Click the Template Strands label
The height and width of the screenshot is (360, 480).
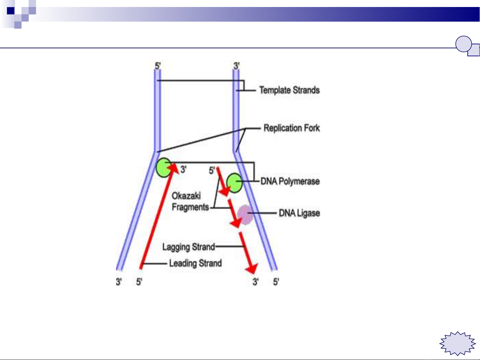tap(289, 90)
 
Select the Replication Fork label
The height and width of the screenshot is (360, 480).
tap(291, 128)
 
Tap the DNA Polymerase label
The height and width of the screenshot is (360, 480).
tap(290, 181)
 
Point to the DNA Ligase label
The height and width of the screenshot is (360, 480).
tap(299, 213)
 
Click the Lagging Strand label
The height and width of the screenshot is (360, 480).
tap(189, 247)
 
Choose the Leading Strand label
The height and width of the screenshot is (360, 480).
tap(195, 263)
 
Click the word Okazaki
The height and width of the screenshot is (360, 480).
tap(186, 196)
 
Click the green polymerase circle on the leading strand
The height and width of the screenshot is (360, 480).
tap(164, 168)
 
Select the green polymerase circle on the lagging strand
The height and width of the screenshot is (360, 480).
tap(235, 182)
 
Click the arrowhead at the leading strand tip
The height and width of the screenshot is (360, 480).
tap(175, 166)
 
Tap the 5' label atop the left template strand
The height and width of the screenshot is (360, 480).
tap(158, 65)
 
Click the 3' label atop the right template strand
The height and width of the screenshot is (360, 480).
tap(237, 65)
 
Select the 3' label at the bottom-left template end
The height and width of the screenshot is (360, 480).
tap(119, 282)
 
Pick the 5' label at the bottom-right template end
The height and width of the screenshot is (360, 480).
tap(276, 282)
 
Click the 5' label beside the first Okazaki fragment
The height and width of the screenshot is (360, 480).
tap(212, 171)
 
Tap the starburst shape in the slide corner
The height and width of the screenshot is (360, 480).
tap(458, 343)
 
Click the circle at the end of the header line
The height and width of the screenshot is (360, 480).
tap(463, 44)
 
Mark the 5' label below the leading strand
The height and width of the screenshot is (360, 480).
tap(139, 282)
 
